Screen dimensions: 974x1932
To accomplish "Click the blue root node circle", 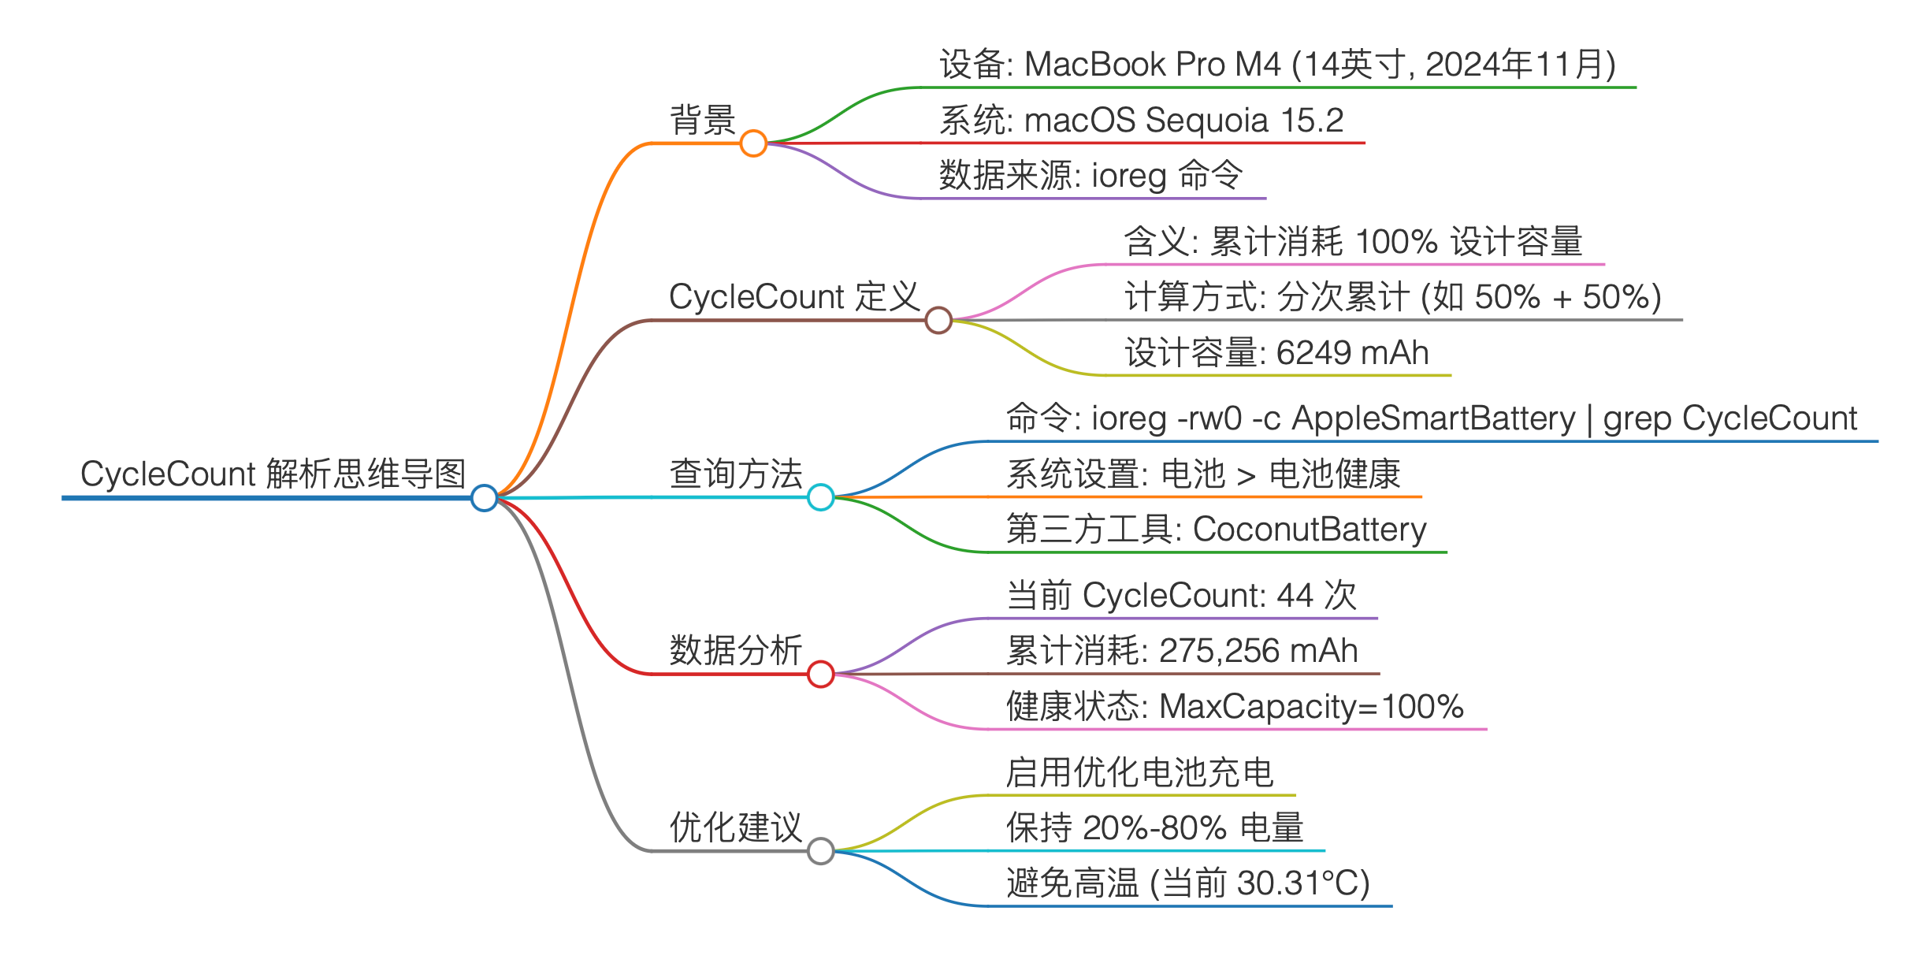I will (x=484, y=497).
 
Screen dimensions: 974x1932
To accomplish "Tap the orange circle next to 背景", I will (x=753, y=143).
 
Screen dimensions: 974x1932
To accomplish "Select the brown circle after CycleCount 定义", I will (x=938, y=320).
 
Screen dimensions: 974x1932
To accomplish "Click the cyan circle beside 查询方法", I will (x=820, y=497).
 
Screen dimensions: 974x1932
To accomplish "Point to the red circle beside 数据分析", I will (x=820, y=674).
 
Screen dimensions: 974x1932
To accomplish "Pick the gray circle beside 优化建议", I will (x=820, y=851).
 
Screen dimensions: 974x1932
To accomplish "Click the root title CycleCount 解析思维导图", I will (x=273, y=474).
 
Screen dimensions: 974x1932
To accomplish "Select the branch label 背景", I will (x=702, y=120).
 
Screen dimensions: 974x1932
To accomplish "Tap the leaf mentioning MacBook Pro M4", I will (x=1276, y=65).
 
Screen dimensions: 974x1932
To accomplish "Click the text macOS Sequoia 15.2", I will (x=1183, y=121).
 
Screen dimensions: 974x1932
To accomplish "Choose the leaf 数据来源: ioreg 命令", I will (x=1090, y=175).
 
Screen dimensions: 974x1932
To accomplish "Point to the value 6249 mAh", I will (x=1352, y=352).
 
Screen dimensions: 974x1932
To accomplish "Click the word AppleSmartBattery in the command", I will (x=1433, y=418).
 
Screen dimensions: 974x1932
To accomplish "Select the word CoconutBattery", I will (x=1310, y=530).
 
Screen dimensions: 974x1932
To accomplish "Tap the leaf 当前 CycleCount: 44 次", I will (x=1181, y=595).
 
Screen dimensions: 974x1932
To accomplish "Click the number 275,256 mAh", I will (x=1258, y=651).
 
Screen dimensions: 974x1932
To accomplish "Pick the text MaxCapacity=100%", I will (x=1311, y=707).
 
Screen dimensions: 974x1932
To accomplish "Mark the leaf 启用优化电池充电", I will (x=1139, y=772).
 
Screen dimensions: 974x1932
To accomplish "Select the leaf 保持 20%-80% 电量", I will (x=1154, y=827).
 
